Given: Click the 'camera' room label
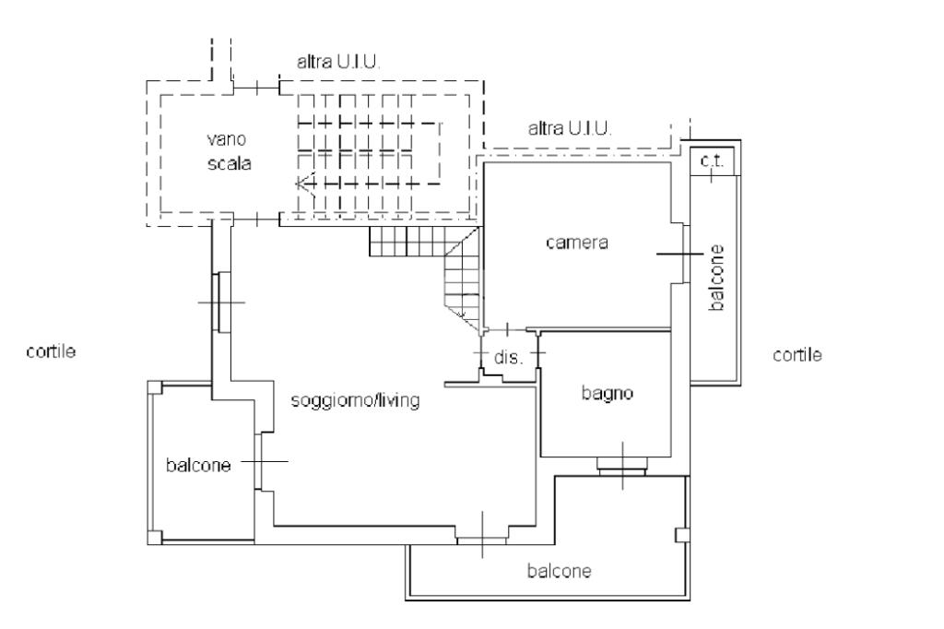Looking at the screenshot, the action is tap(577, 243).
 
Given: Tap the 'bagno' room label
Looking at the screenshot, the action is tap(607, 394).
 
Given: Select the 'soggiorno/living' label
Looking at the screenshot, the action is tap(355, 400).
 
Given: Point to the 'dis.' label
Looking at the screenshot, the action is tap(508, 357).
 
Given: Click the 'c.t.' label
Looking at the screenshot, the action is tap(713, 160).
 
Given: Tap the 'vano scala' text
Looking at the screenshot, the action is tap(229, 151).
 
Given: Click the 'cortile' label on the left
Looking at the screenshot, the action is tap(52, 351).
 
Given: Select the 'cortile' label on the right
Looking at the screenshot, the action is tap(797, 354).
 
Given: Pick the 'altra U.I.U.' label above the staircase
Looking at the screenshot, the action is tap(338, 62).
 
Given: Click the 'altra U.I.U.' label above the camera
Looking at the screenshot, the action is tap(570, 128).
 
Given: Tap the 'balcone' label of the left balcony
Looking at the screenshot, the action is tap(198, 465).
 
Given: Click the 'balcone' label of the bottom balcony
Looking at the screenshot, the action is tap(559, 571).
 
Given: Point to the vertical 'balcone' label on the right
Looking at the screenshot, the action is tap(716, 277).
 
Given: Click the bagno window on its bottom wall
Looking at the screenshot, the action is tap(622, 465).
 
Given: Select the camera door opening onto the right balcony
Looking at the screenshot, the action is tap(684, 254).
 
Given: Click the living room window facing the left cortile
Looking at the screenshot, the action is tap(221, 302).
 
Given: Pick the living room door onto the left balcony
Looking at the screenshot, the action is tap(259, 461).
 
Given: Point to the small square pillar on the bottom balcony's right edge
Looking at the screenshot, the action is tap(681, 535).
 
